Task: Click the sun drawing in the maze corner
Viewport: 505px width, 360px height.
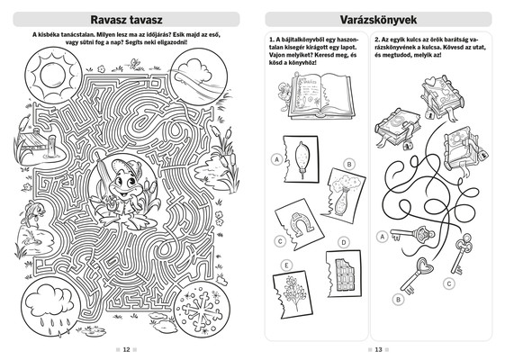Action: (52, 76)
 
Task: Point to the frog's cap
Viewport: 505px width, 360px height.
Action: (126, 167)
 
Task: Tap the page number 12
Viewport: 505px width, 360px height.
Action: (126, 350)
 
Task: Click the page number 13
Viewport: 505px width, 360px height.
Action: (378, 350)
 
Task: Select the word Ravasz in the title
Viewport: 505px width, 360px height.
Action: (108, 20)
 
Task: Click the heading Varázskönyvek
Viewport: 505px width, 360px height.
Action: (378, 20)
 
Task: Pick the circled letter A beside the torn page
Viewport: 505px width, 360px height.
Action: (276, 159)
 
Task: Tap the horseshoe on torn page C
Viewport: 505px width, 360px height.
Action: (301, 224)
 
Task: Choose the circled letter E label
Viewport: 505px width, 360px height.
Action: (286, 265)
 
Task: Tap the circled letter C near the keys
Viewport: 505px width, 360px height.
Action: (448, 283)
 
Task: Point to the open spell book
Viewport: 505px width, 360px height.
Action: (321, 95)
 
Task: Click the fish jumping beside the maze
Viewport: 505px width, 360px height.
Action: (33, 211)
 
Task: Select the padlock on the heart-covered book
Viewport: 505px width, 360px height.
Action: (429, 114)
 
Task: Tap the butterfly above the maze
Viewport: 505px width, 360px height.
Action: (134, 63)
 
